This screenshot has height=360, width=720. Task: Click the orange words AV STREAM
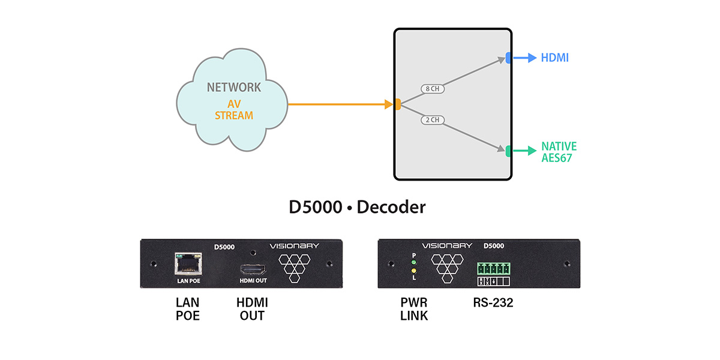234,110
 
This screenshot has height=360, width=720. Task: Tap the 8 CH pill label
432,89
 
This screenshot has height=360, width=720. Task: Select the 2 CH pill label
431,120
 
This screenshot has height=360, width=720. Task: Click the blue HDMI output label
554,58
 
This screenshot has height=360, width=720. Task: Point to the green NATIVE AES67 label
559,151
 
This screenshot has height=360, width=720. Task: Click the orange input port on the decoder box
397,105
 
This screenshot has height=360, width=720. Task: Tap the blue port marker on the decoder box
508,58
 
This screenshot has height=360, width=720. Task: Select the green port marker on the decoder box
508,151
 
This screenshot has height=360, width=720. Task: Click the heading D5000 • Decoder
357,208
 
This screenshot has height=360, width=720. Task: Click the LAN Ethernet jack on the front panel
187,262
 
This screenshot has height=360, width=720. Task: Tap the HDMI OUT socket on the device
252,269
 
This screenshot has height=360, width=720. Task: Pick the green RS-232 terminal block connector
492,268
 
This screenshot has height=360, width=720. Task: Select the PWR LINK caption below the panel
414,309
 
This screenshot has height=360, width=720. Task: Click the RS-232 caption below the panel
493,303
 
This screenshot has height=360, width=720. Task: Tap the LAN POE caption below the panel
187,309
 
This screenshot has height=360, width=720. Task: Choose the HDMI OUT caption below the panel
253,309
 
